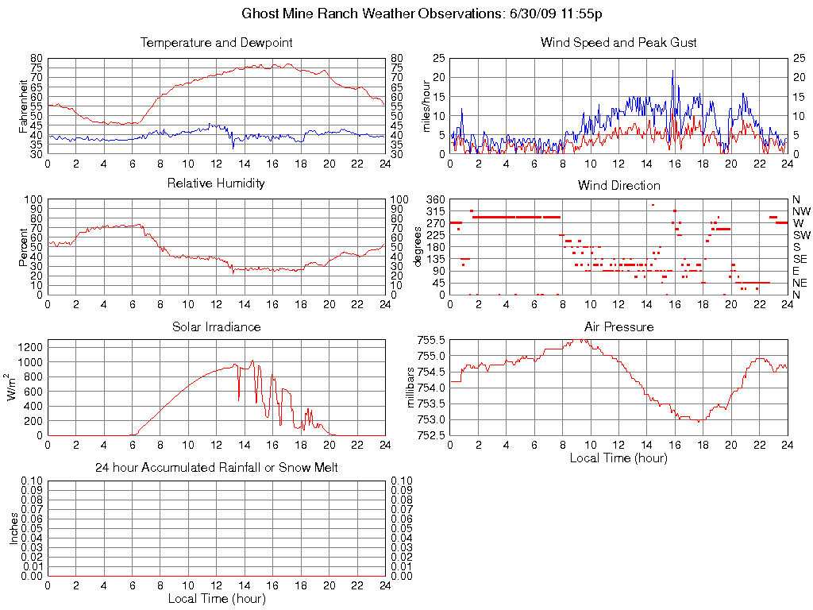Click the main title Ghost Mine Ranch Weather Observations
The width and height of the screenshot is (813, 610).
coord(426,14)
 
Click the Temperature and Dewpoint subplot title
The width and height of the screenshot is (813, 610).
coord(216,43)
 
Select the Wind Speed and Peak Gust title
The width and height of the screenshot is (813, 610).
coord(618,43)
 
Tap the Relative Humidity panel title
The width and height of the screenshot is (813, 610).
coord(216,183)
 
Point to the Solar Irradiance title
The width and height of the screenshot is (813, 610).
coord(216,326)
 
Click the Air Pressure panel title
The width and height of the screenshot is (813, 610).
coord(618,326)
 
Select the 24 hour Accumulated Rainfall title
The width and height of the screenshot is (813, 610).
coord(216,468)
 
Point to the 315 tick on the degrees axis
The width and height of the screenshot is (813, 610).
coord(435,211)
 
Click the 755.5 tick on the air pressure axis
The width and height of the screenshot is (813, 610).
coord(431,340)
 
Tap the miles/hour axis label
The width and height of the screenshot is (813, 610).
coord(426,106)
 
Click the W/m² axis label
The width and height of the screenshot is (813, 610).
coord(13,388)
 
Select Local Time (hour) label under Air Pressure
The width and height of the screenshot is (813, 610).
coord(618,457)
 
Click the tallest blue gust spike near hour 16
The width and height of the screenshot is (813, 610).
coord(672,71)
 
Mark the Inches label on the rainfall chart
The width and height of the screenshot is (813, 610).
coord(13,528)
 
